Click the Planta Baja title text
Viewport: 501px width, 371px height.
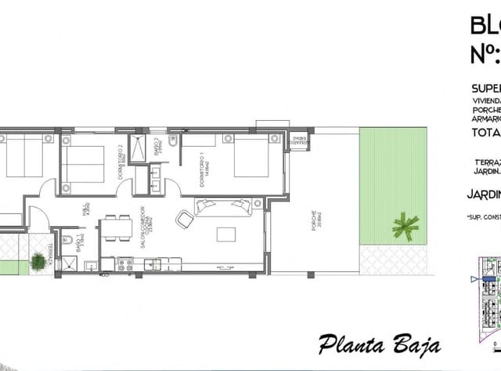pos(379,343)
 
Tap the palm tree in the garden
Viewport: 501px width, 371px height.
pos(405,226)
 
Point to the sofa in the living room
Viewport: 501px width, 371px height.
pos(223,206)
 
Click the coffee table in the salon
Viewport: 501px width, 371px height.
pos(225,235)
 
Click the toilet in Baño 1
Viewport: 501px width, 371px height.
pos(68,239)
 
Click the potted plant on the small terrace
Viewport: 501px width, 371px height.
pos(37,260)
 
